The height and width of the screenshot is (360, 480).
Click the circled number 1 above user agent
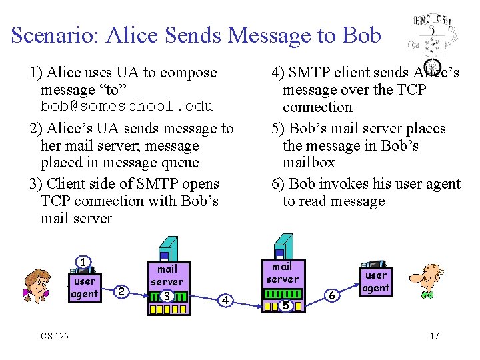click(83, 262)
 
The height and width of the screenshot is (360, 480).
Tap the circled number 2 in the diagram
click(120, 291)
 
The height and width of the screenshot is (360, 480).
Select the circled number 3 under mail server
click(167, 295)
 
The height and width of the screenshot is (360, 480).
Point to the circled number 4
click(226, 301)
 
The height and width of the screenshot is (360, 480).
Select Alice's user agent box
click(85, 287)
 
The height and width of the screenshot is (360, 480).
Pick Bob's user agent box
click(376, 281)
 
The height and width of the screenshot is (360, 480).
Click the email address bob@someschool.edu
click(127, 107)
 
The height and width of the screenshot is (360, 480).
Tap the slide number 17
click(434, 335)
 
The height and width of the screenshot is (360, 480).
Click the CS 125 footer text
click(54, 335)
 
